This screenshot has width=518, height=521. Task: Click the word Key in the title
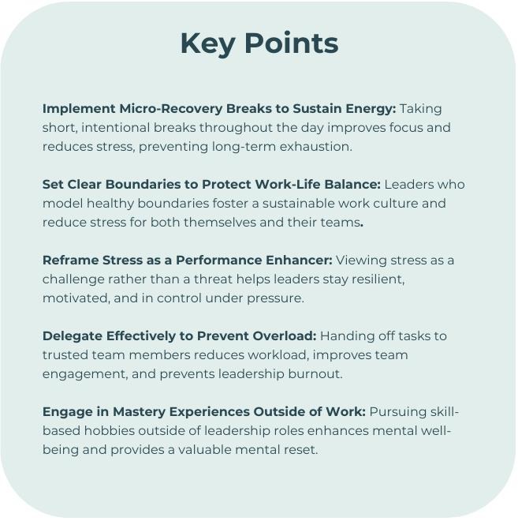[x=208, y=44]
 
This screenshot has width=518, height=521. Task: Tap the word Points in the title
[x=292, y=43]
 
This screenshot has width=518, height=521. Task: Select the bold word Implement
[x=79, y=109]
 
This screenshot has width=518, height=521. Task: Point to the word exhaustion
[x=315, y=147]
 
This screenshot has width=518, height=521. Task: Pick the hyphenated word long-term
[x=244, y=147]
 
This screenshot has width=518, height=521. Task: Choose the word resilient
[x=378, y=279]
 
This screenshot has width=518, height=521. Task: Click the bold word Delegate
[x=73, y=336]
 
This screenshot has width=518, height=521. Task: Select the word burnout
[x=315, y=374]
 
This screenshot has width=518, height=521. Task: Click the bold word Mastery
[x=139, y=412]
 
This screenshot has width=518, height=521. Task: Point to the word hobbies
[x=109, y=431]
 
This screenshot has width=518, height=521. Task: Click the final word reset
[x=301, y=450]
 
